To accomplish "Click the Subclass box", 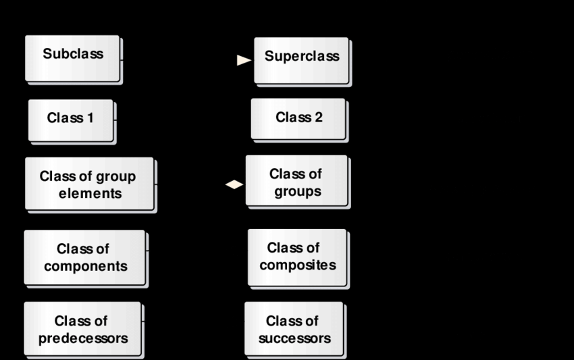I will pos(73,58).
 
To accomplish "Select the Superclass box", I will pos(301,59).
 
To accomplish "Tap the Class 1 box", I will pos(70,120).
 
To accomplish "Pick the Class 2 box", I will pos(298,119).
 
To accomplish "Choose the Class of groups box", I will pos(297,182).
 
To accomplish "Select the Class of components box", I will pos(85,257).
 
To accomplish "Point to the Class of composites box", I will pos(297,257).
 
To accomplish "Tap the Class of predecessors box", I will pos(82,329).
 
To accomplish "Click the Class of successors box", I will pos(294,329).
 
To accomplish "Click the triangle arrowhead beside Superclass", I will pos(244,60).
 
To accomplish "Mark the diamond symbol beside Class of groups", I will pos(234,184).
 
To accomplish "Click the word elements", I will pos(90,194).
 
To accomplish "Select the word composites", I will pos(297,265).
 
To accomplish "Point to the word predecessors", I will pos(82,338).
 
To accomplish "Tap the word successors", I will pos(294,338).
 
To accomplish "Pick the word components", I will pos(85,267).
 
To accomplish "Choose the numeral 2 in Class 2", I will pos(318,118).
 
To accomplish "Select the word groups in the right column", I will pos(297,191).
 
